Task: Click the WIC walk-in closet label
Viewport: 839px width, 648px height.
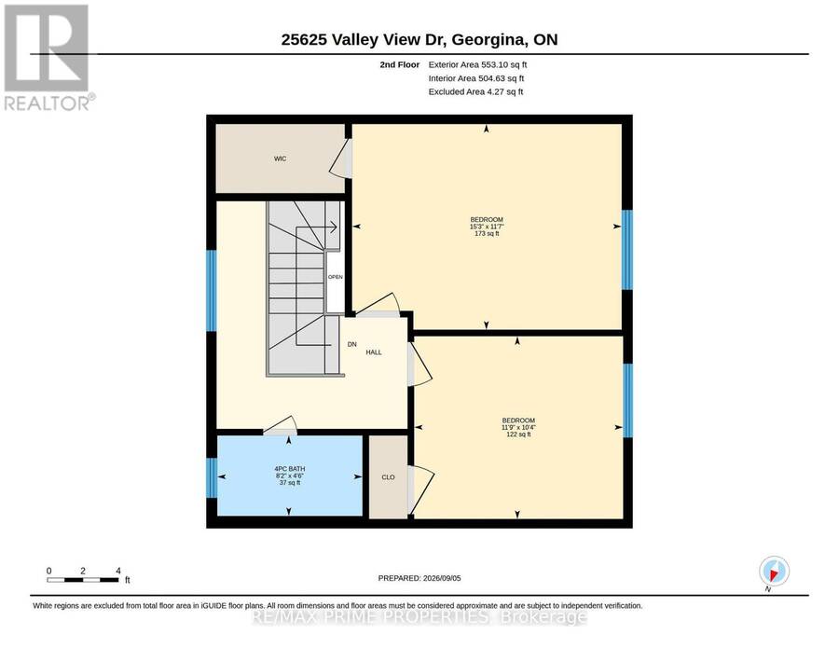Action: point(280,159)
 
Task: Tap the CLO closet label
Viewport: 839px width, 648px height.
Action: point(388,476)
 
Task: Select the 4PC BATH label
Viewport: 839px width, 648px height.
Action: point(290,469)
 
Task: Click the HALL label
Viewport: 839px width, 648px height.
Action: point(374,352)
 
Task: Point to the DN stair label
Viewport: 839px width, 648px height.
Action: point(351,345)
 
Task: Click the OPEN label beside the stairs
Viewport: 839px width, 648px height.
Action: point(336,277)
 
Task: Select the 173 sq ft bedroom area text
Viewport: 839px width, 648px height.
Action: point(487,233)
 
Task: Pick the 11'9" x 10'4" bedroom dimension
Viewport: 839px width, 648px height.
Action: point(518,427)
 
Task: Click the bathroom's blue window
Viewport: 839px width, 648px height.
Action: point(212,477)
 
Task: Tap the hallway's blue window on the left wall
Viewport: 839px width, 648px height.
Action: point(212,291)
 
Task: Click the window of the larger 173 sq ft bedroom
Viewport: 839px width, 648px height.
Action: point(627,250)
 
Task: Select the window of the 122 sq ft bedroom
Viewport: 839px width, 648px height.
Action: point(627,400)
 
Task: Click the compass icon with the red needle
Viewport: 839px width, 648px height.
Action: point(774,571)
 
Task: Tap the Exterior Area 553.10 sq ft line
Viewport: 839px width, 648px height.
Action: point(478,64)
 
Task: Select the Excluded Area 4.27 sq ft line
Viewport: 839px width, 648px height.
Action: point(475,91)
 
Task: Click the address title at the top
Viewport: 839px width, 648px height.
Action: point(419,39)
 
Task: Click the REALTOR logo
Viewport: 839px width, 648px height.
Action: point(49,58)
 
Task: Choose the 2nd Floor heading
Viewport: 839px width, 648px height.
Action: point(400,64)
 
